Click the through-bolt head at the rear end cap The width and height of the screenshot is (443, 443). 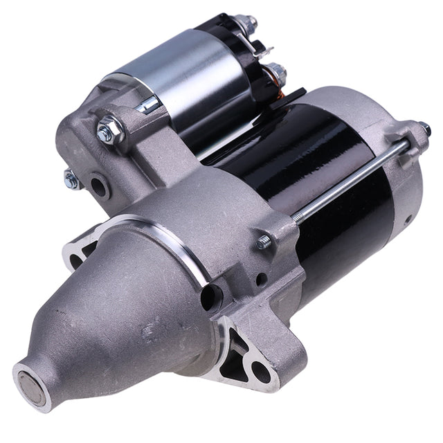[420, 129]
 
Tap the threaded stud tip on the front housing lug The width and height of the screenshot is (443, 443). [264, 242]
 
